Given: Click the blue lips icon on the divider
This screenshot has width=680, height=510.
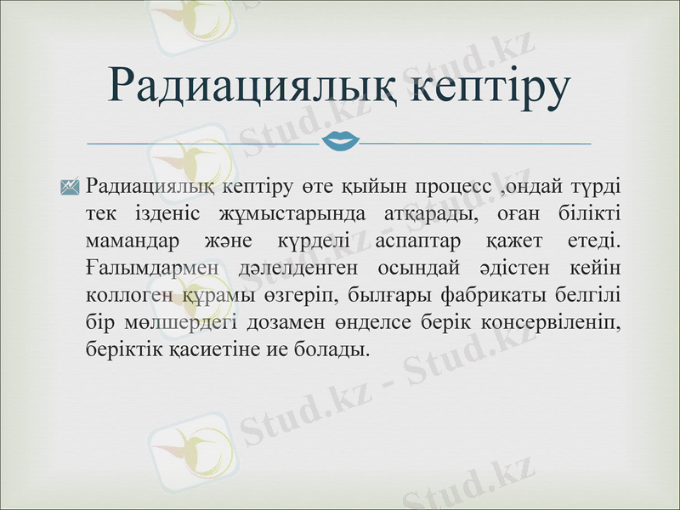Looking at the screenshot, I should click(x=340, y=140).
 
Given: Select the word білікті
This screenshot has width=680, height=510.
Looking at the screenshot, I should click(x=590, y=212).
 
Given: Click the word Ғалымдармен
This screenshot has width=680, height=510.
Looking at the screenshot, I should click(x=154, y=267).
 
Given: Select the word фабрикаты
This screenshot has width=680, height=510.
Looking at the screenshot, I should click(x=489, y=294).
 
